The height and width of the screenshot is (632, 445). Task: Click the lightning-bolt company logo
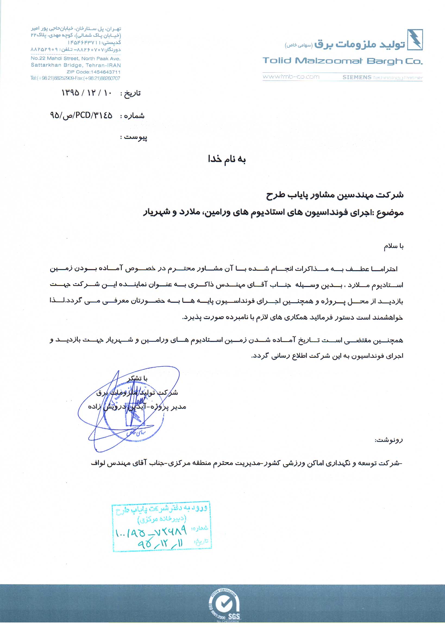(415, 39)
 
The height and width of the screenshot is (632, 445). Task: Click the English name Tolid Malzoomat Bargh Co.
(342, 61)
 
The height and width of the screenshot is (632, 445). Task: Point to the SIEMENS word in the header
(357, 77)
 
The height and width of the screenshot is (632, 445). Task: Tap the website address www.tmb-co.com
(291, 77)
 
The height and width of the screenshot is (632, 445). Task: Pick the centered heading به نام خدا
(227, 160)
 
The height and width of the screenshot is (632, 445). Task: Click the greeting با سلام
(393, 247)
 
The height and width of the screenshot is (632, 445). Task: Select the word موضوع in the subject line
(391, 213)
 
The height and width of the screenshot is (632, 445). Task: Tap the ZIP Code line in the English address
(93, 72)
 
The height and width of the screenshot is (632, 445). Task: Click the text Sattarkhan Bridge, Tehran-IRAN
(76, 65)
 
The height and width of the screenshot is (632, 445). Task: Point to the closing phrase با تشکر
(137, 379)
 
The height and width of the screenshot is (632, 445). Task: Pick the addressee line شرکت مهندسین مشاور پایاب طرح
(334, 195)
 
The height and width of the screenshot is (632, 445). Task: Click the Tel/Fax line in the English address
(75, 78)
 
